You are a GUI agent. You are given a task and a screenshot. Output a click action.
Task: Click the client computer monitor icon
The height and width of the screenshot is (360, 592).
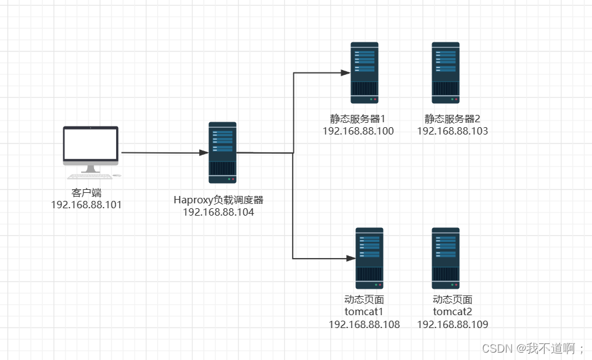pos(90,146)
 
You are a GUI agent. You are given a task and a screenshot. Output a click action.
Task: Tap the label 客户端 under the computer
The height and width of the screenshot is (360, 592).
pos(87,193)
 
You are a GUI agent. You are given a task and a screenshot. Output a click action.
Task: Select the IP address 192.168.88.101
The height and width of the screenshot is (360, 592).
pos(87,205)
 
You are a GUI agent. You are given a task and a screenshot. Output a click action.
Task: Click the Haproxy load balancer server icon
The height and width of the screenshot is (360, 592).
pos(223,152)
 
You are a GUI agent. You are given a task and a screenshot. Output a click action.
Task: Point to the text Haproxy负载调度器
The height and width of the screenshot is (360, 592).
pos(218,200)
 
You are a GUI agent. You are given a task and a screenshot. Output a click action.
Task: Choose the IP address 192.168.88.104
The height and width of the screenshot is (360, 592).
pos(218,212)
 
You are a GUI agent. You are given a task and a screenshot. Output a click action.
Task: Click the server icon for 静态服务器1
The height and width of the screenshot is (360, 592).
pos(365,72)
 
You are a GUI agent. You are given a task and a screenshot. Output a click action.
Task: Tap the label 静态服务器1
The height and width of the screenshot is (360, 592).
pos(357,119)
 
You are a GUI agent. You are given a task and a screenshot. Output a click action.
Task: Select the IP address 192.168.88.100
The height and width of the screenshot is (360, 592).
pos(358,131)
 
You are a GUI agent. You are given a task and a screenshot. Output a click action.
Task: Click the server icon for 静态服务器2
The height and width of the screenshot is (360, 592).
pos(445,72)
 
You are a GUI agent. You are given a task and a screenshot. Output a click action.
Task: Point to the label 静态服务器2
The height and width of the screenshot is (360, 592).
pos(452,119)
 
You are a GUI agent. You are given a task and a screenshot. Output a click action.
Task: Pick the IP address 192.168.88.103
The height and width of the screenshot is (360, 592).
pos(452,131)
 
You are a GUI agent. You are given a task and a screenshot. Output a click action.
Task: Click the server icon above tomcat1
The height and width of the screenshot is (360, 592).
pos(369,259)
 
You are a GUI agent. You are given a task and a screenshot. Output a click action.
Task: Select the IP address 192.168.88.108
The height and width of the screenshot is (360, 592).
pos(364,324)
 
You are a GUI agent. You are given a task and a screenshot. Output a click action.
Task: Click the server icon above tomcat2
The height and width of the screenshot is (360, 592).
pos(445,259)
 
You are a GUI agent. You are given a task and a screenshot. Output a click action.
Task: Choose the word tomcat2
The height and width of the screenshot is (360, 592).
pos(452,311)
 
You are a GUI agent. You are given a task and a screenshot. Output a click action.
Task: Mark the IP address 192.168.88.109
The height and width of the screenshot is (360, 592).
pos(452,324)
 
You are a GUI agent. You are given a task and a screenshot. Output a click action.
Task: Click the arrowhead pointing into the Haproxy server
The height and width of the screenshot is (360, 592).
pos(204,152)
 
